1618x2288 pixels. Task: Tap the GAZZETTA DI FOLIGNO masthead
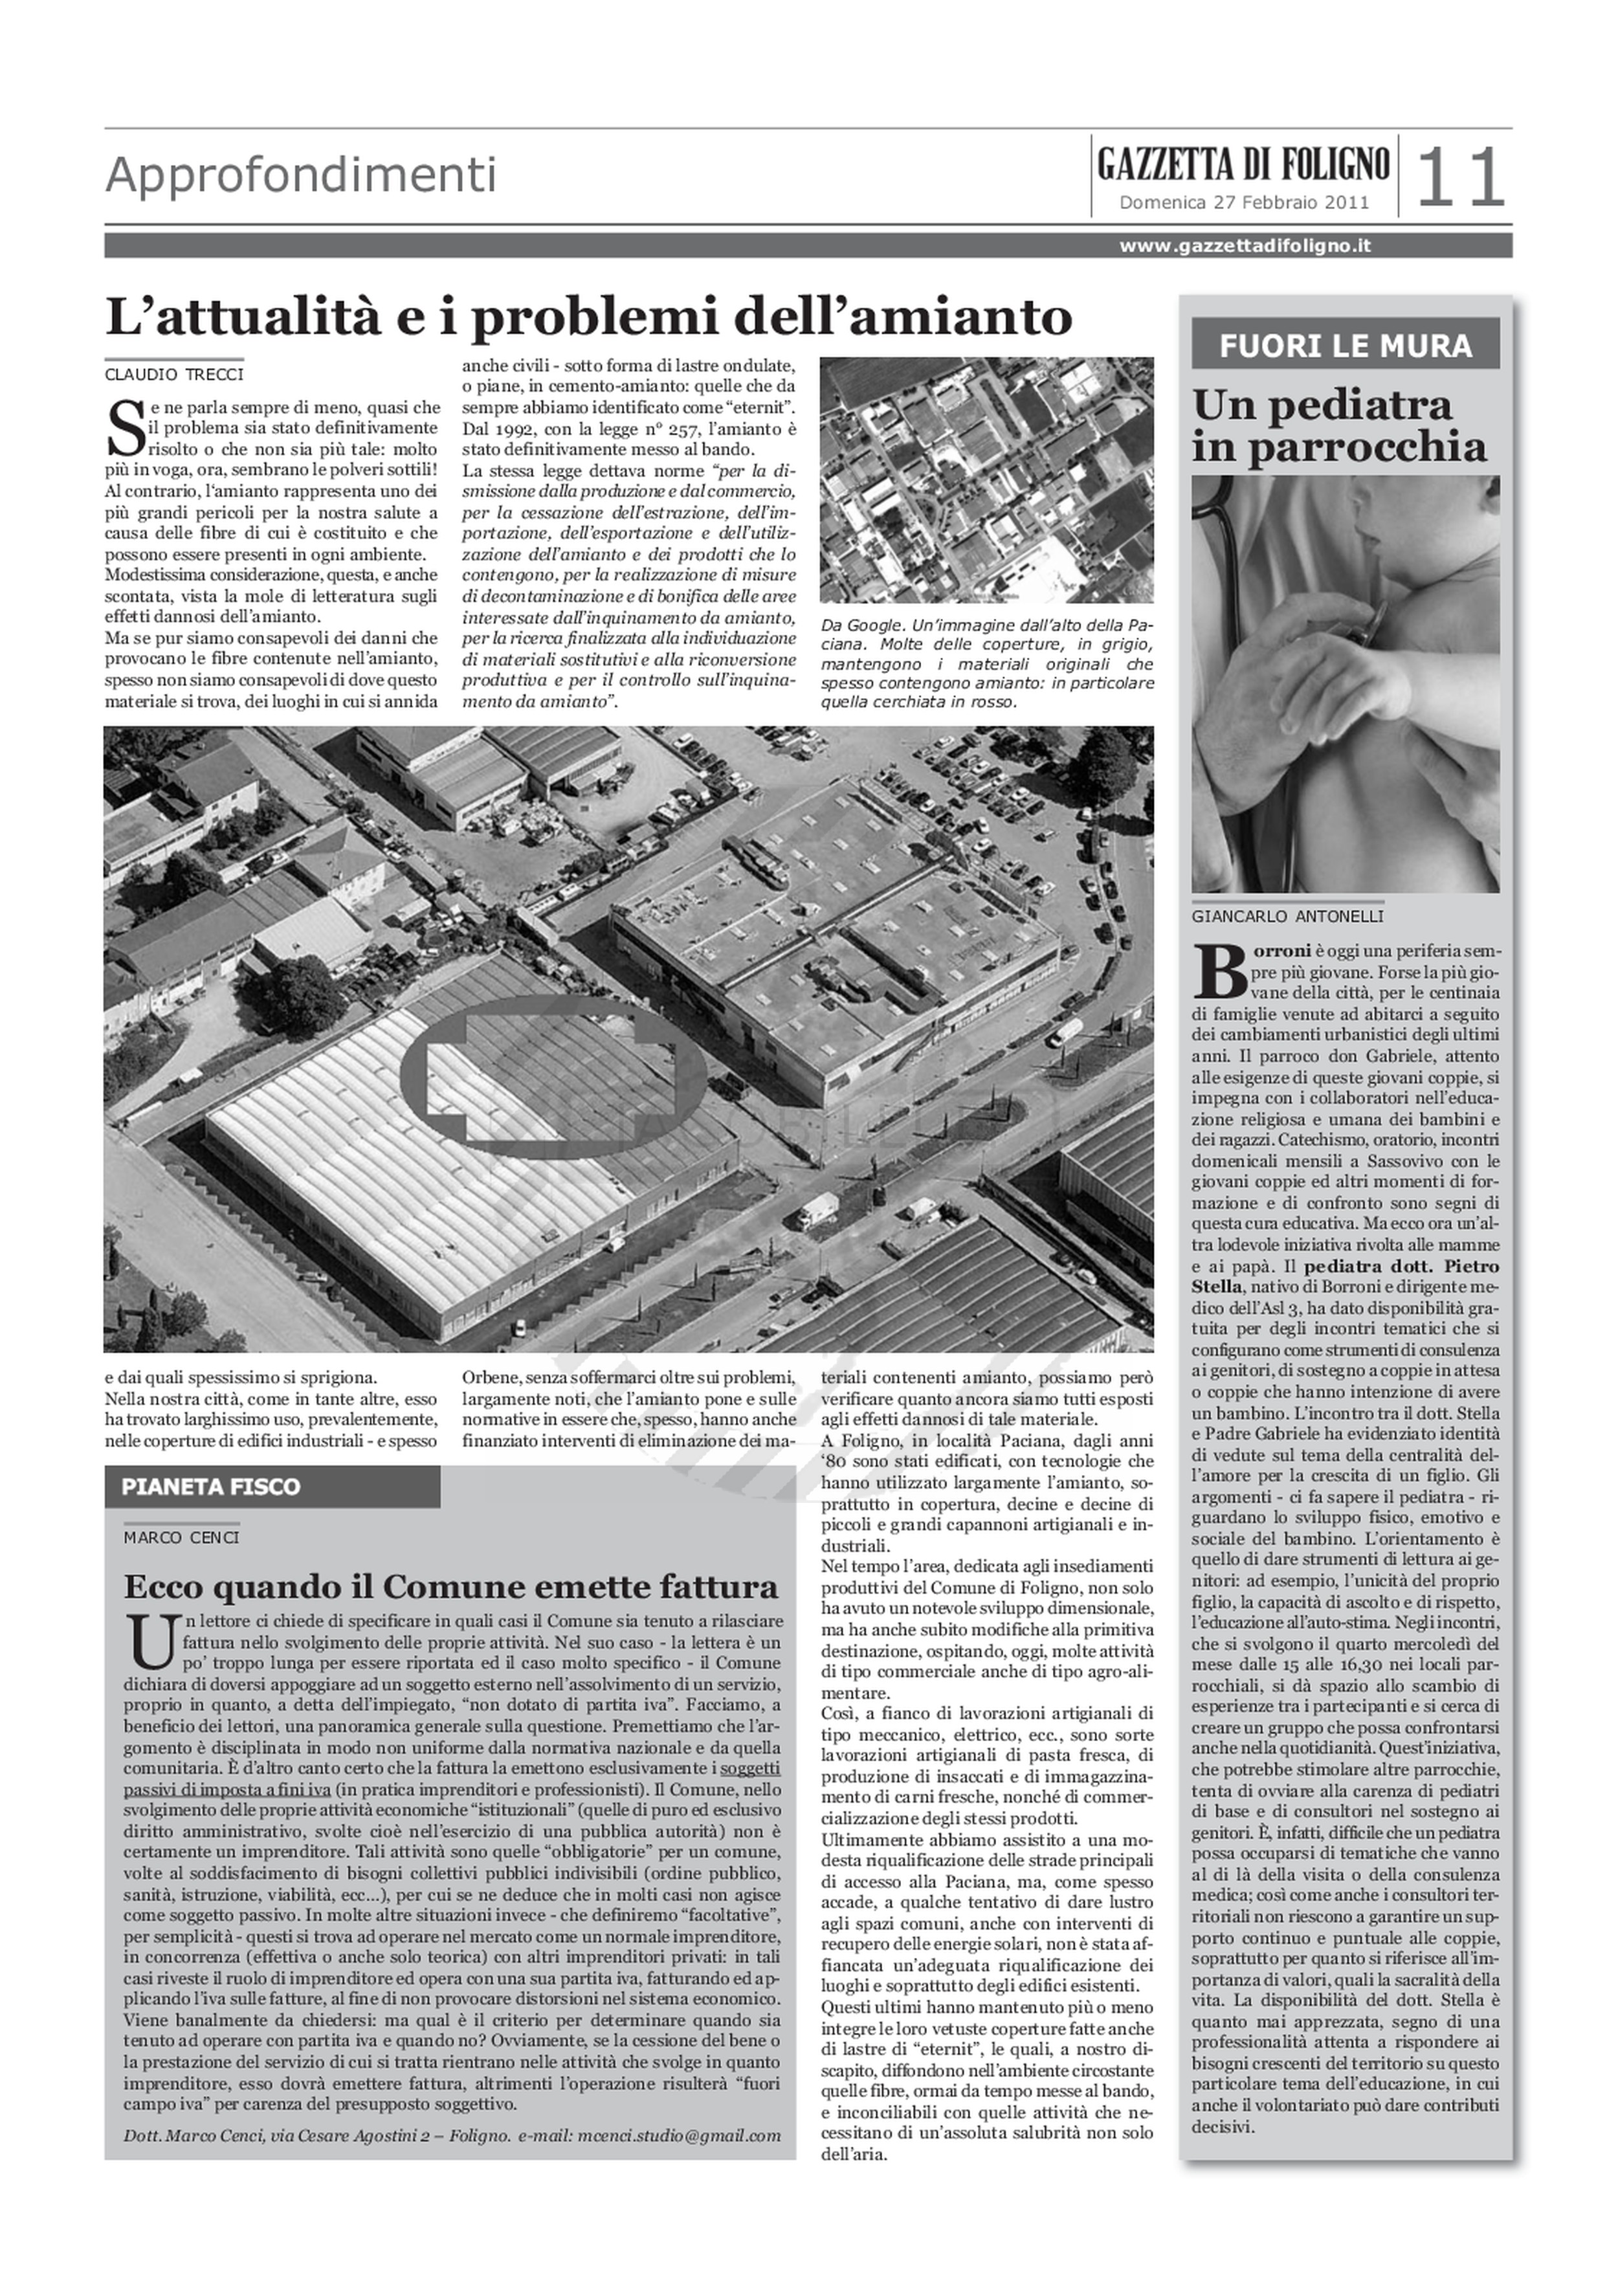[1243, 163]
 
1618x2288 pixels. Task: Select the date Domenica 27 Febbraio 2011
[1243, 203]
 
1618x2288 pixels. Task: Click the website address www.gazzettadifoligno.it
[1245, 245]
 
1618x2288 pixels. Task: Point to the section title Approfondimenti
[301, 175]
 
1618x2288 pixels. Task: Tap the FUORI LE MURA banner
[1345, 345]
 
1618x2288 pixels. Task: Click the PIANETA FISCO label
[210, 1487]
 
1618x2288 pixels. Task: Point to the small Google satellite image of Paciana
[986, 480]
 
